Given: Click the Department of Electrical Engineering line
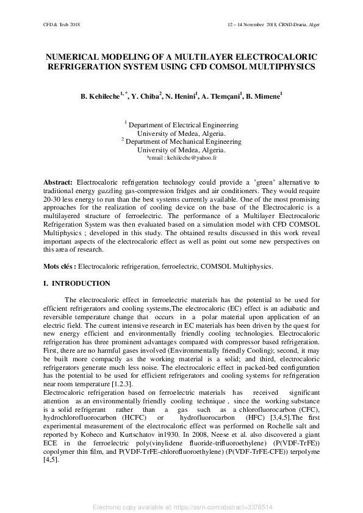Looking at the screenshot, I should pos(183,125).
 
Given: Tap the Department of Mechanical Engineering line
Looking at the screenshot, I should pos(183,141).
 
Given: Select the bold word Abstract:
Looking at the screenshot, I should pos(59,183).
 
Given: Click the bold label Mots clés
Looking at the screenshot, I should pos(59,266).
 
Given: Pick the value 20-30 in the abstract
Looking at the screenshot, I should pos(54,200).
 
